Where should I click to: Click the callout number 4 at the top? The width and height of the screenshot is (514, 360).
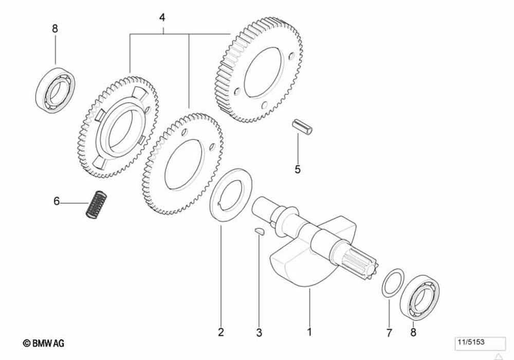[162, 17]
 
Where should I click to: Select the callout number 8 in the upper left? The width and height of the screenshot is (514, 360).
[55, 29]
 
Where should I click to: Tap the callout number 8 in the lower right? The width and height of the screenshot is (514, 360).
[413, 332]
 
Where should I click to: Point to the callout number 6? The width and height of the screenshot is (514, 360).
[57, 201]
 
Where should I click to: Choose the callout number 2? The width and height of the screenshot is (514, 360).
[221, 332]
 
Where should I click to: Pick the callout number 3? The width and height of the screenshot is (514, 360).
[259, 332]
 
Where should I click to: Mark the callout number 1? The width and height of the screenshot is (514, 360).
[309, 332]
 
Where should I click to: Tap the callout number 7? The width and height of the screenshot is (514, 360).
[389, 332]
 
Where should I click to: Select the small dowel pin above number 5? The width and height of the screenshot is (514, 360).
[303, 127]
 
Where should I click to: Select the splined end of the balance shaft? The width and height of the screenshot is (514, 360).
[362, 262]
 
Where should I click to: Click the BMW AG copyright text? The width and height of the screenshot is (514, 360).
[44, 343]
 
